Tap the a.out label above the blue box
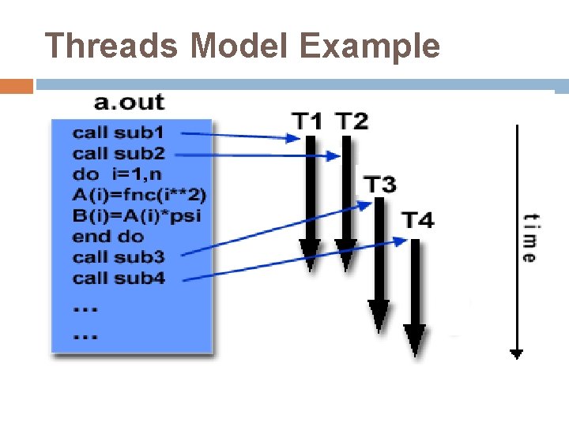[129, 102]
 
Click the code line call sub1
[119, 133]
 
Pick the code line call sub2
[119, 153]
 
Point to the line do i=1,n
[117, 174]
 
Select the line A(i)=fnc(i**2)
[140, 194]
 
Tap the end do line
[108, 236]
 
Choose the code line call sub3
[119, 256]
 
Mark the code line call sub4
[119, 278]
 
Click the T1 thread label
[308, 121]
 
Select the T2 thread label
[352, 121]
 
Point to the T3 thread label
[380, 185]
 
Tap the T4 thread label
[416, 220]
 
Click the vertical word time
[529, 237]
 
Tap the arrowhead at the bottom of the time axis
[516, 354]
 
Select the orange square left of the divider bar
[17, 86]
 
